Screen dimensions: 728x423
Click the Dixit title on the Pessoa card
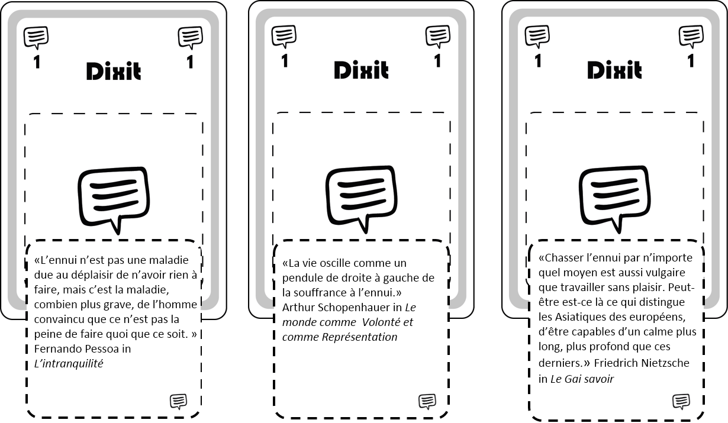(x=114, y=71)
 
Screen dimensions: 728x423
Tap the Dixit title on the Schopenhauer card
(x=361, y=70)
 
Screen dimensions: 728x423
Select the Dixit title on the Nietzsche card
(x=614, y=70)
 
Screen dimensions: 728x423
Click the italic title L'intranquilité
(x=69, y=364)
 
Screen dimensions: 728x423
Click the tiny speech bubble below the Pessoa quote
(x=178, y=402)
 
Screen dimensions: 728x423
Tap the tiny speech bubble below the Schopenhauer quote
(x=427, y=402)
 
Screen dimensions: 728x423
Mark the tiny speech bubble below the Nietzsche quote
(x=681, y=402)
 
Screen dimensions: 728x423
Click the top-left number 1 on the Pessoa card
(x=37, y=62)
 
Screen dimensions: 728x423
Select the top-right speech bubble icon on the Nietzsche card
(x=691, y=37)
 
